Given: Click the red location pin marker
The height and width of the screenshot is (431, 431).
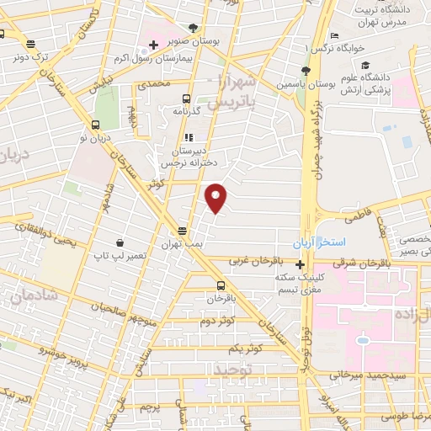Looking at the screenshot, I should pyautogui.click(x=217, y=198).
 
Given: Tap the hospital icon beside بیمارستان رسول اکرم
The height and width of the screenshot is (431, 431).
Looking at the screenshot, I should pyautogui.click(x=153, y=45).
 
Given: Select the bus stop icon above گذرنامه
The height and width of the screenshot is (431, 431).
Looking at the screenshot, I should pyautogui.click(x=187, y=97).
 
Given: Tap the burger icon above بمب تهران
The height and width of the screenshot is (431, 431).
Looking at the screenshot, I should pyautogui.click(x=182, y=231).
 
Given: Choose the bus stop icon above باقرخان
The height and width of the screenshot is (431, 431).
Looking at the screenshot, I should pyautogui.click(x=221, y=285).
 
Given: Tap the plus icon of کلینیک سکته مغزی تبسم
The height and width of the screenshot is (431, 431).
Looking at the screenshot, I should pyautogui.click(x=300, y=263).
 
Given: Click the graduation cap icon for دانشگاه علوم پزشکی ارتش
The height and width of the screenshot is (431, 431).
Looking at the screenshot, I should pyautogui.click(x=364, y=66).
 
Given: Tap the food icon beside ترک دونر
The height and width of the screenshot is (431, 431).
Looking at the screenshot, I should pyautogui.click(x=31, y=45).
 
